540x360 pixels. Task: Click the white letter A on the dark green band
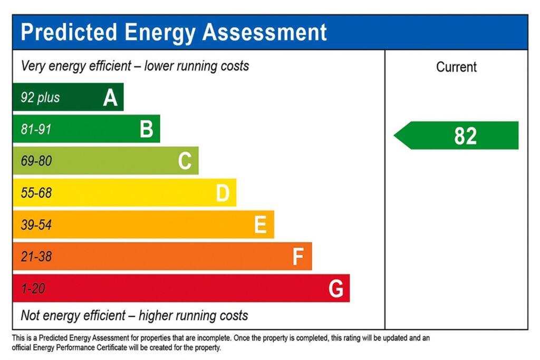tap(110, 98)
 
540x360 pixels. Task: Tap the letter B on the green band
tap(147, 129)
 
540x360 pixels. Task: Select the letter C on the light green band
tap(185, 161)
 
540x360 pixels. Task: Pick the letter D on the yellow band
tap(223, 193)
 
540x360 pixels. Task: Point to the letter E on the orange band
tap(260, 225)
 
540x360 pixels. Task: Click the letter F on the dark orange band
tap(298, 257)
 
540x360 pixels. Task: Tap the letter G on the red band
tap(336, 289)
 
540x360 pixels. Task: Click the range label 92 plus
tap(40, 98)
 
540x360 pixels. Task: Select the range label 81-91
tap(36, 129)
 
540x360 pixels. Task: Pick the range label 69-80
tap(36, 161)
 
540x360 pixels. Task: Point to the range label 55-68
tap(36, 193)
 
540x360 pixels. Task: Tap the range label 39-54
tap(36, 225)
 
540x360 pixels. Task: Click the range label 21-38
tap(36, 257)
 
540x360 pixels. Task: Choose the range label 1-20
tap(33, 289)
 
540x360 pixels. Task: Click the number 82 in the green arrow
tap(465, 136)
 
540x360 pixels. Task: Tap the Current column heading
tap(456, 67)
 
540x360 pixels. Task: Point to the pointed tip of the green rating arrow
tap(396, 136)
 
